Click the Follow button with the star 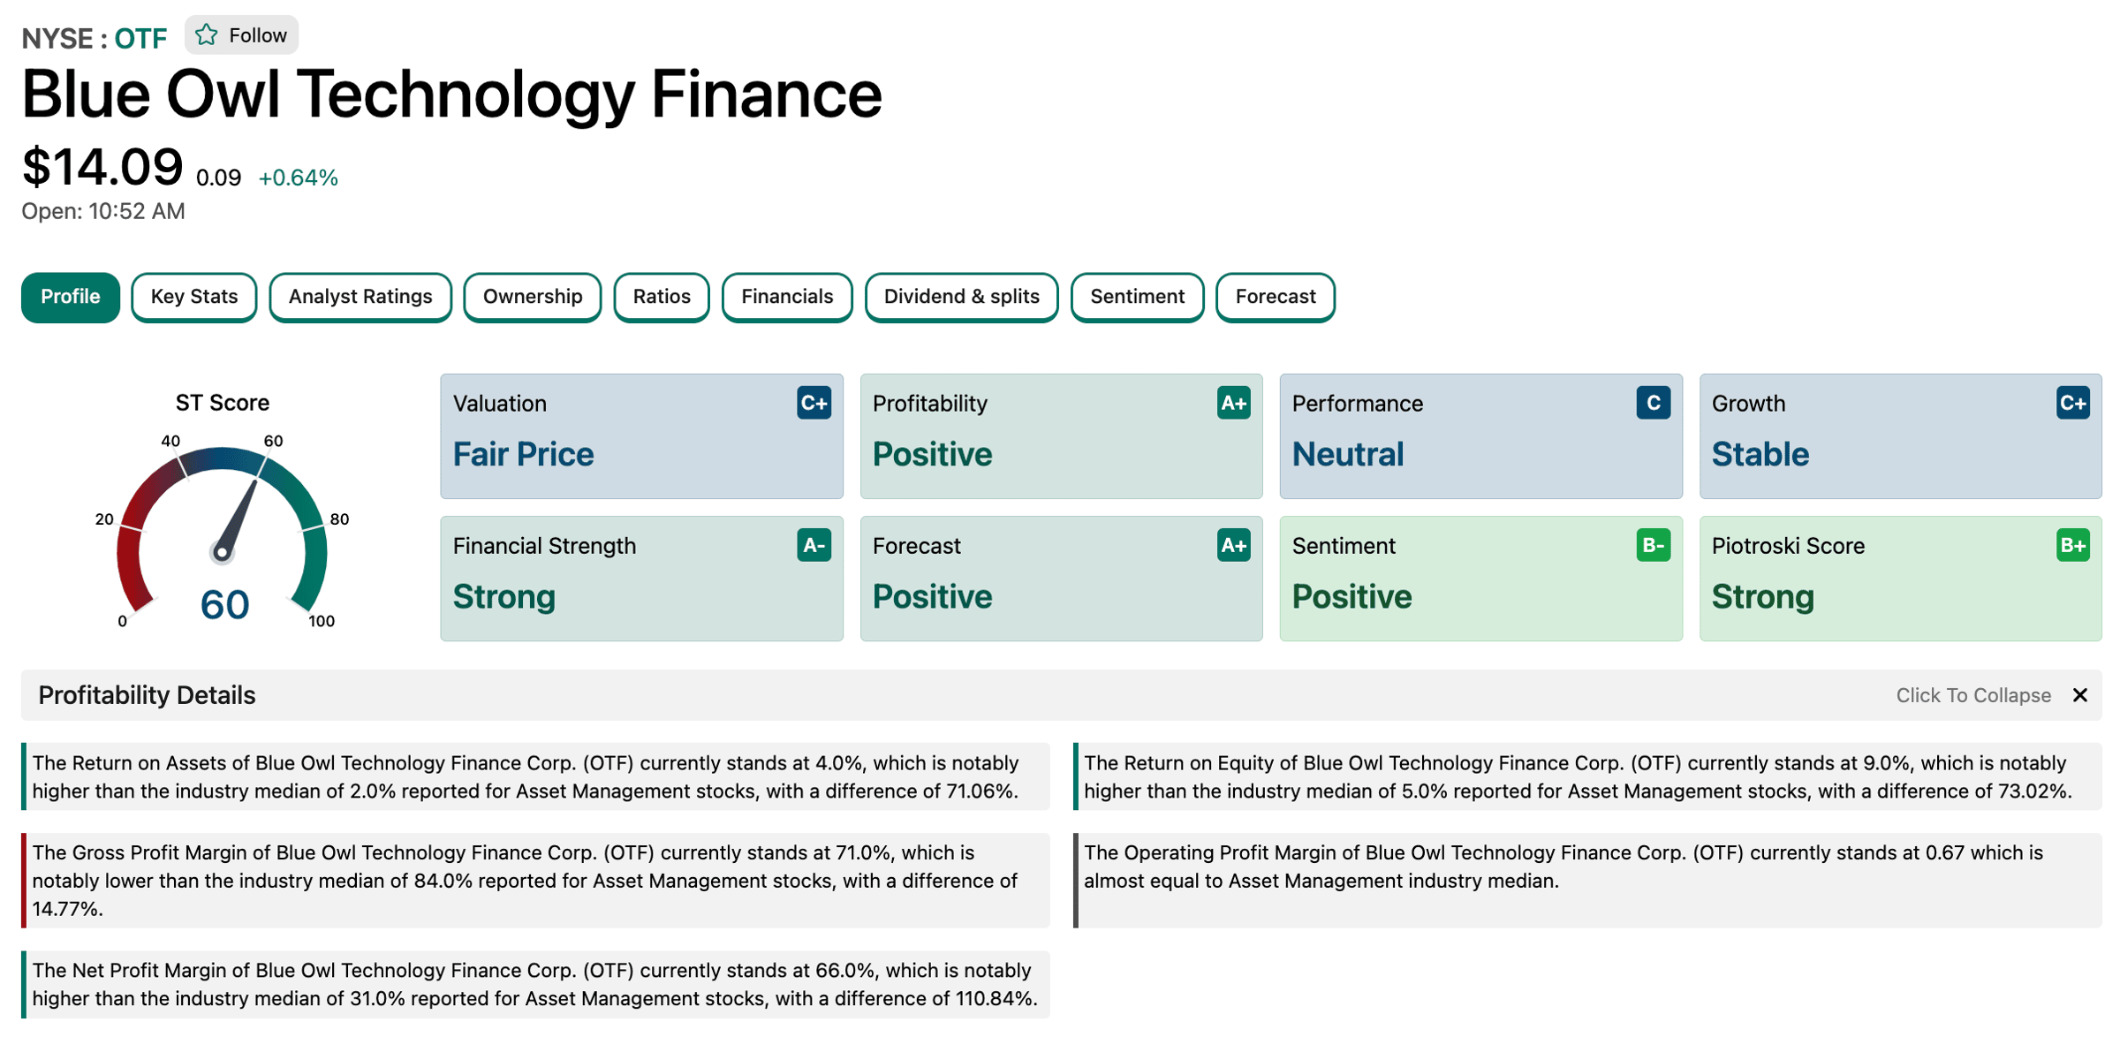click(241, 35)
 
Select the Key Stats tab click(194, 297)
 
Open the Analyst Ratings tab click(360, 297)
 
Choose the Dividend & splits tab click(961, 297)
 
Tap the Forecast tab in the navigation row click(1276, 297)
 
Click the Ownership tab click(533, 297)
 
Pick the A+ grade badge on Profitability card click(1233, 403)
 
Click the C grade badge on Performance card click(1653, 403)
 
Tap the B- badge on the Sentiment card click(1653, 545)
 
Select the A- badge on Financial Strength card click(814, 545)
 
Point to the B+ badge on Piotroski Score click(2072, 545)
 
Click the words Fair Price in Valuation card click(523, 454)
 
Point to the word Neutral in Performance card click(1348, 454)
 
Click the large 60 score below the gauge click(224, 605)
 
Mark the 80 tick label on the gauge click(339, 519)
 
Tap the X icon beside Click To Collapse click(2080, 695)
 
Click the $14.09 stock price click(102, 167)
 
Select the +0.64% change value click(299, 178)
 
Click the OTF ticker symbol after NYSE click(140, 39)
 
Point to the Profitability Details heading click(147, 695)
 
